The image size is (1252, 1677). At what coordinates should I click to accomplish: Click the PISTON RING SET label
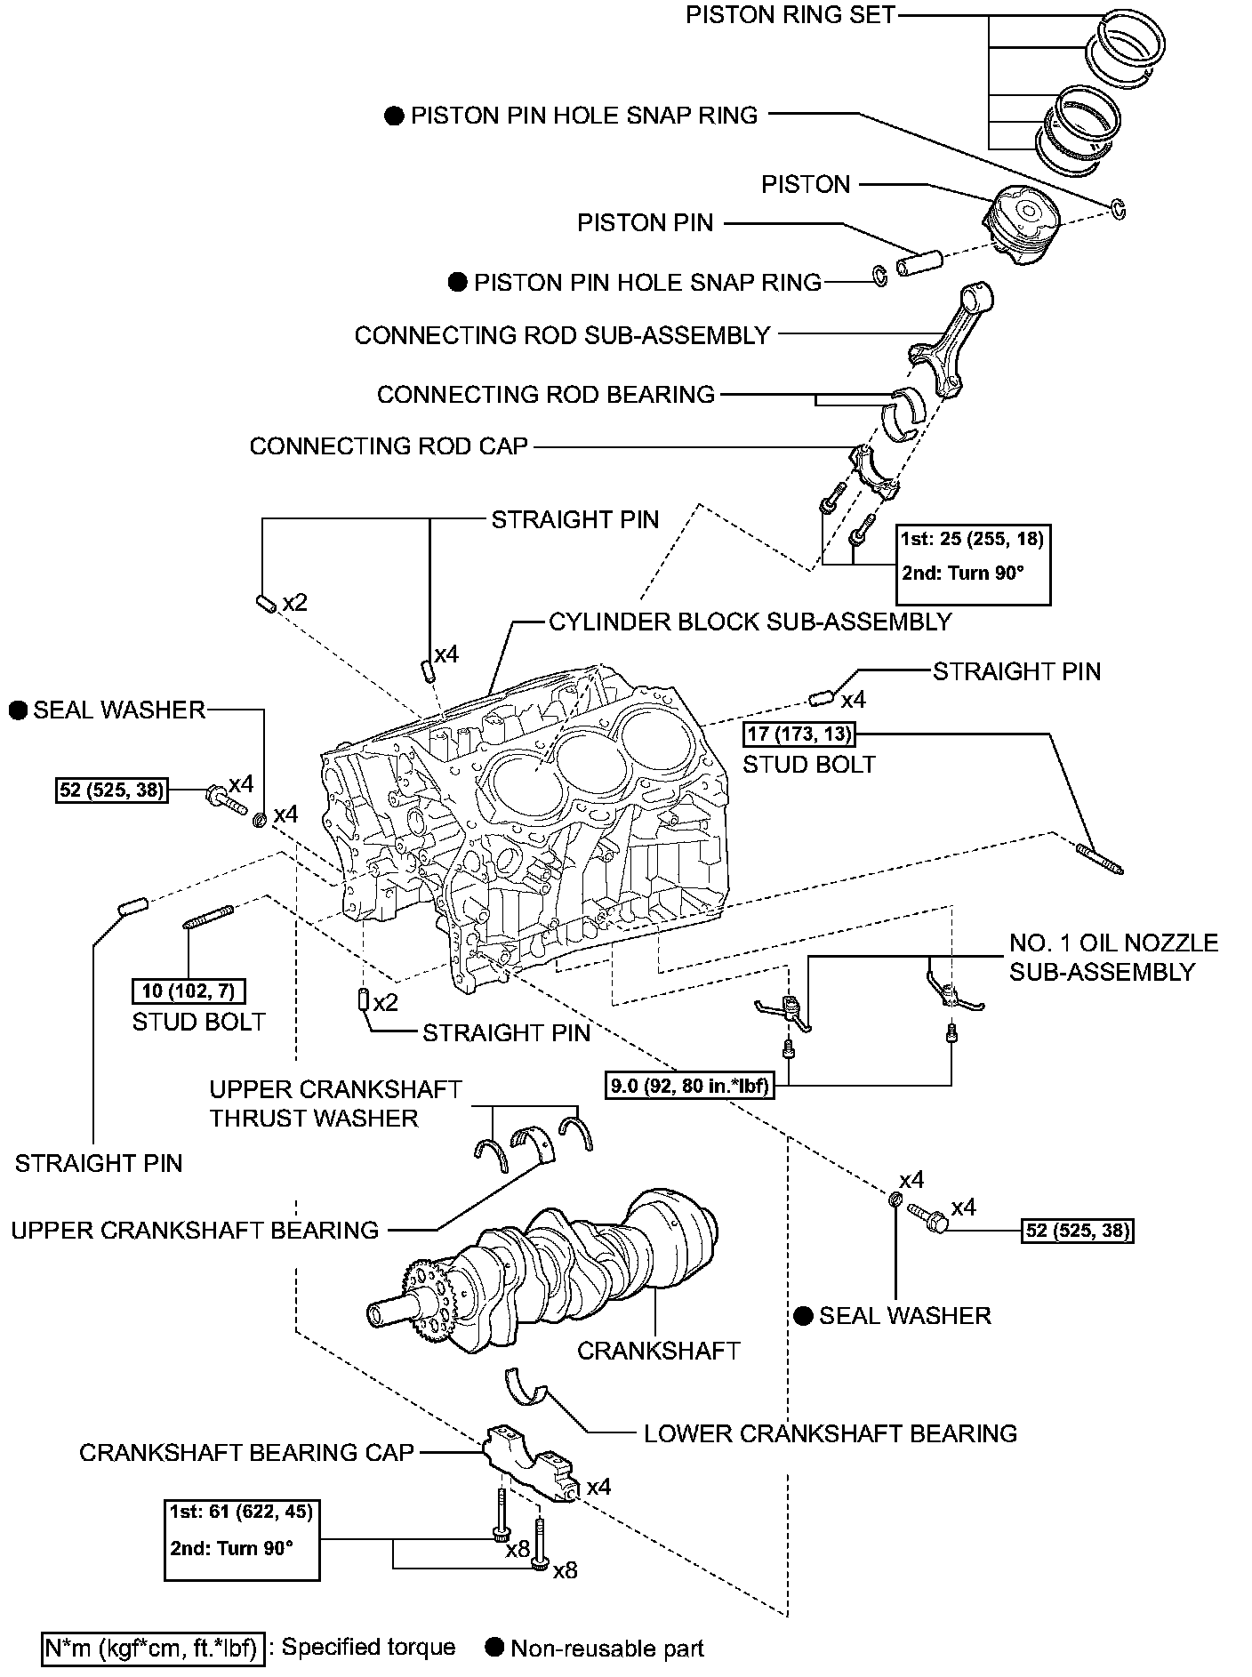click(791, 15)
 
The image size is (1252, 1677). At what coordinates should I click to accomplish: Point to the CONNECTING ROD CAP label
click(389, 445)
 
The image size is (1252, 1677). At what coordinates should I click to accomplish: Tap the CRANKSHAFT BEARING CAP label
click(246, 1452)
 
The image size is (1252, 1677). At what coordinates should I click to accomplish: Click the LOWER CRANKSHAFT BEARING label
click(830, 1433)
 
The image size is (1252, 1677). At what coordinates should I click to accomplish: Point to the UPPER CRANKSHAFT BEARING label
click(195, 1230)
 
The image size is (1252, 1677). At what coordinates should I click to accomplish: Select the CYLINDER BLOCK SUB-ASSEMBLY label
click(750, 621)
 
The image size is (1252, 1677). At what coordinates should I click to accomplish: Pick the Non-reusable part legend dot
click(494, 1647)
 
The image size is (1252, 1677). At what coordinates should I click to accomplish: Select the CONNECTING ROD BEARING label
click(545, 394)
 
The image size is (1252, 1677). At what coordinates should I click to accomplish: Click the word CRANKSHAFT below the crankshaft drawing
click(658, 1351)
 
